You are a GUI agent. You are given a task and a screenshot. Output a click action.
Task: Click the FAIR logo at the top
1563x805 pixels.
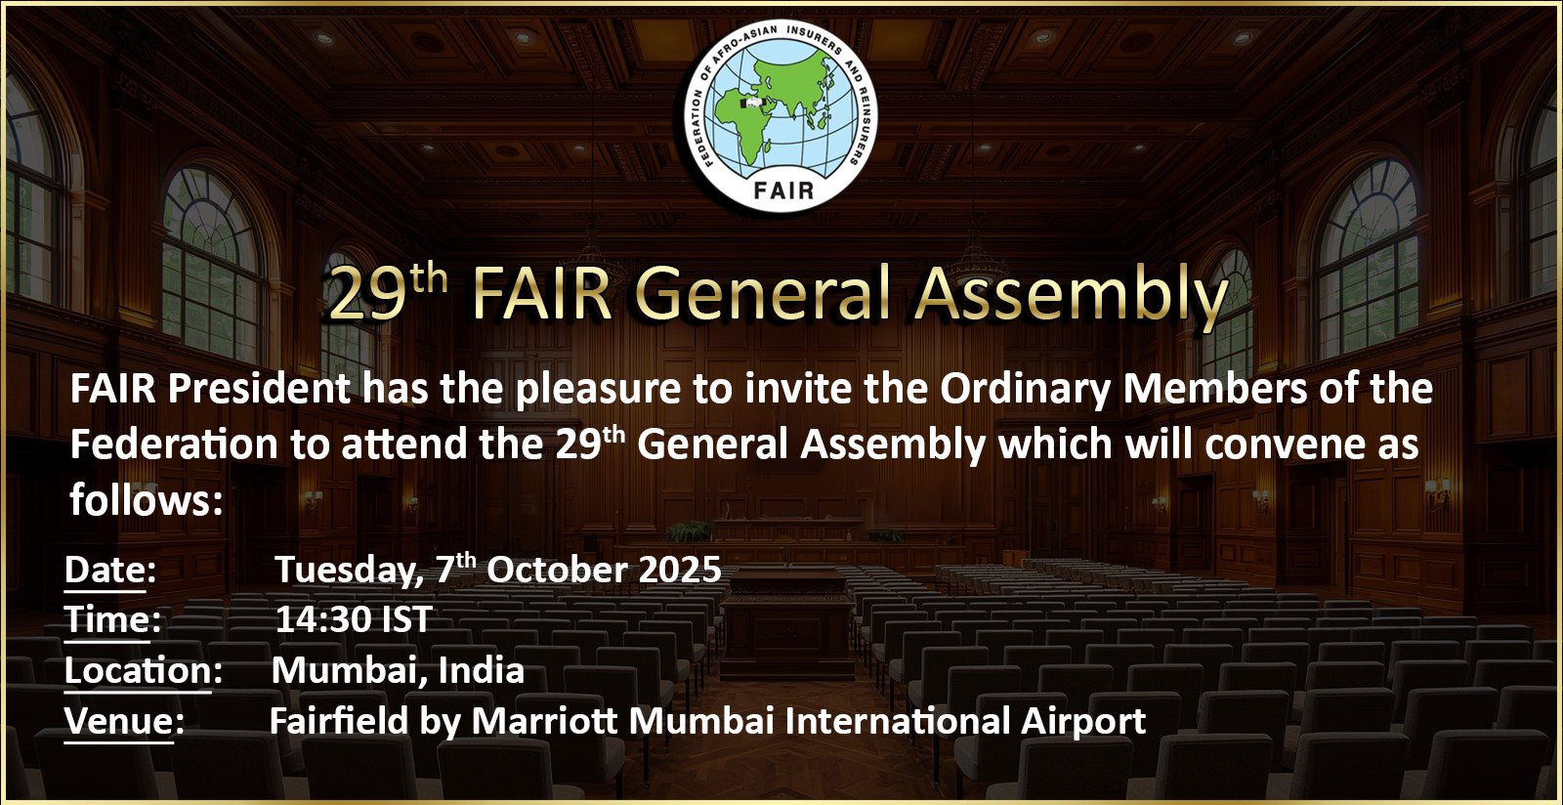[781, 116]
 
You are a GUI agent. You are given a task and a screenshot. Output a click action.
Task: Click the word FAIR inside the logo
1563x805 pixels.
[783, 191]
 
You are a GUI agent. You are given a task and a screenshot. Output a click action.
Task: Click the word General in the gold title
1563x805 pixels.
[765, 293]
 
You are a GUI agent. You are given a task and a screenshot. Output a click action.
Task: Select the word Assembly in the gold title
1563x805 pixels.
[1072, 296]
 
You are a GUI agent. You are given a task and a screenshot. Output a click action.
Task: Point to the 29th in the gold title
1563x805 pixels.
[388, 291]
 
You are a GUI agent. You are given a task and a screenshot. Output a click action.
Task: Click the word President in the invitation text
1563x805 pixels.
[259, 388]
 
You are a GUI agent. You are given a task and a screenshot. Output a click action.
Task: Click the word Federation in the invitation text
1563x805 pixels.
[174, 445]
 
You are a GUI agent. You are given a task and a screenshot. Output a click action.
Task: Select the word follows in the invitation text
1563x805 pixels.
[141, 500]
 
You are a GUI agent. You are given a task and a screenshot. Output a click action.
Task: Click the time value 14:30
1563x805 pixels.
[322, 619]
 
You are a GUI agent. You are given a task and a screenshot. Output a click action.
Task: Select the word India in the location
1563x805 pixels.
[481, 670]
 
